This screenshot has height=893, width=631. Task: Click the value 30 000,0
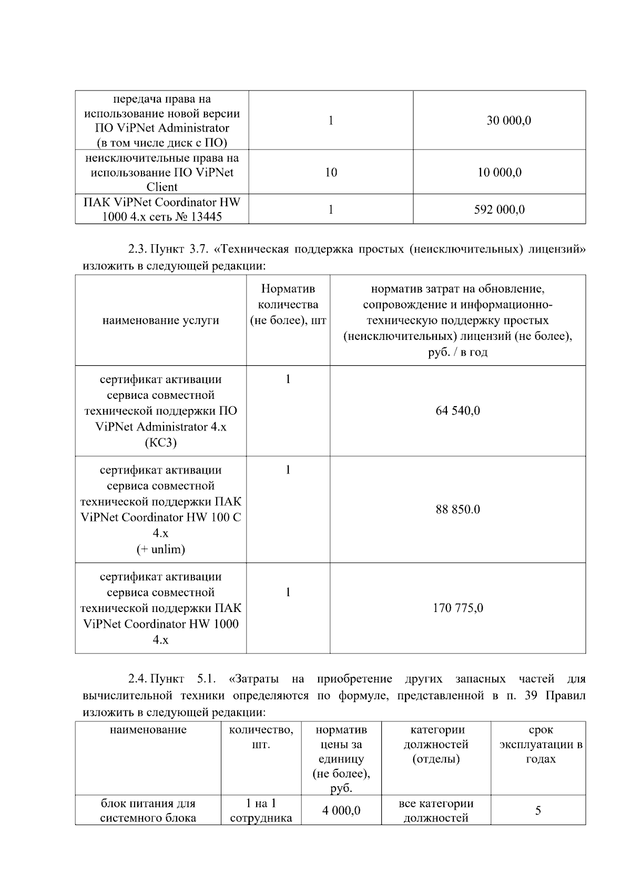pyautogui.click(x=508, y=121)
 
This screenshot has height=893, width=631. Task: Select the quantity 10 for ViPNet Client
pyautogui.click(x=331, y=172)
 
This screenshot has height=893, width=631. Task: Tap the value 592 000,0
pyautogui.click(x=499, y=209)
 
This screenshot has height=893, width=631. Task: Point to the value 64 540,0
pyautogui.click(x=457, y=410)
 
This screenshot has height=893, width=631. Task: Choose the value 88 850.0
pyautogui.click(x=457, y=509)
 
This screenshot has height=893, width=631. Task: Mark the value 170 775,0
pyautogui.click(x=457, y=608)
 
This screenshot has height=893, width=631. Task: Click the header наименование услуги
pyautogui.click(x=160, y=320)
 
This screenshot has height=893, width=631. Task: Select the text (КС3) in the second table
pyautogui.click(x=160, y=442)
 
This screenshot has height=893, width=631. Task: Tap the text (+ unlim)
pyautogui.click(x=160, y=549)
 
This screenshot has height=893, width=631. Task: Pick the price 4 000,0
pyautogui.click(x=341, y=810)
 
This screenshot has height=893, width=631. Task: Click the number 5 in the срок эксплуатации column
pyautogui.click(x=538, y=810)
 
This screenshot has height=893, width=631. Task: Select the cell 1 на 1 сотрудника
pyautogui.click(x=261, y=810)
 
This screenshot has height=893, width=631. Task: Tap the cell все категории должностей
pyautogui.click(x=436, y=810)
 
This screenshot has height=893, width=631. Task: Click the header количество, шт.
pyautogui.click(x=261, y=737)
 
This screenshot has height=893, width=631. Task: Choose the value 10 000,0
pyautogui.click(x=499, y=172)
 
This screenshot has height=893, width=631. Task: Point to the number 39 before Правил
pyautogui.click(x=531, y=696)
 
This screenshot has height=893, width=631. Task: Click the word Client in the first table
pyautogui.click(x=161, y=187)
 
